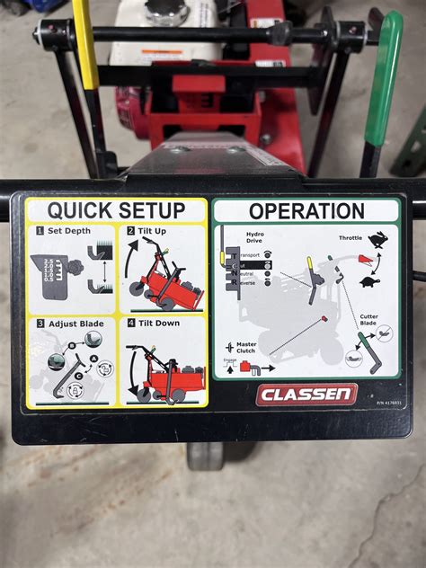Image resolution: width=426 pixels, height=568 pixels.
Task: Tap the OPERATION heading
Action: tap(306, 212)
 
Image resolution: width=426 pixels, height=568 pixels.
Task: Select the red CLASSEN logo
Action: tap(306, 395)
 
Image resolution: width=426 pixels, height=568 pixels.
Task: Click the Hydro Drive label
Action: tap(255, 237)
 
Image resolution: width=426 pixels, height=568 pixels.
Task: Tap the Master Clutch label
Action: tap(246, 347)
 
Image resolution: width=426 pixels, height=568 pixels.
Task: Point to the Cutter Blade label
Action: tap(369, 320)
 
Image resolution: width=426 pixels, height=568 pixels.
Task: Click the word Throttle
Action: tap(350, 237)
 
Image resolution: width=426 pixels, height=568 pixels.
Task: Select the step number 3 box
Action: tap(40, 324)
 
